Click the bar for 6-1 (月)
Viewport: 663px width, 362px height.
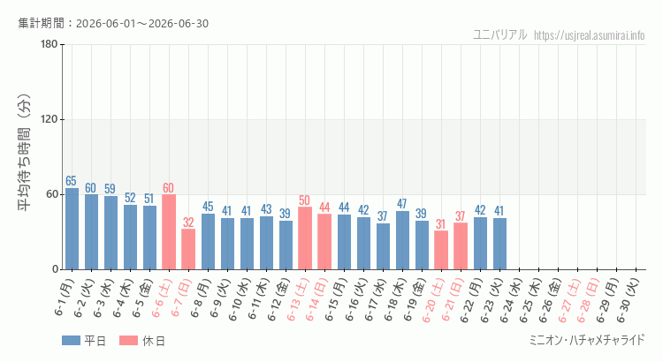[x=72, y=229]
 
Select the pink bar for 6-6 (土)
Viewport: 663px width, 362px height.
[x=169, y=232]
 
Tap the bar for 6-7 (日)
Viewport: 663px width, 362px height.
[x=188, y=249]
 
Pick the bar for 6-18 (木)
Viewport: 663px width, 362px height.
[x=402, y=240]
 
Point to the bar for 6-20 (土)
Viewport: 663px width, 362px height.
[x=441, y=250]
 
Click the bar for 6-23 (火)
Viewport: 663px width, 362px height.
[x=499, y=244]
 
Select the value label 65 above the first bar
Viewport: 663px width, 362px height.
[x=71, y=181]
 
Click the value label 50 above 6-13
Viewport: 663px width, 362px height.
[x=304, y=200]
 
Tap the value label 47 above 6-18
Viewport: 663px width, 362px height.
[x=401, y=204]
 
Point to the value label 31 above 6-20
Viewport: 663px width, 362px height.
[x=440, y=224]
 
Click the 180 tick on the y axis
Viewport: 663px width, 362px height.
[x=50, y=44]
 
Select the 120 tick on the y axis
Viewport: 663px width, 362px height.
[x=50, y=119]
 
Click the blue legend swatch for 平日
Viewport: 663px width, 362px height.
[x=71, y=341]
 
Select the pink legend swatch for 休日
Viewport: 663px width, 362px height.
[x=128, y=341]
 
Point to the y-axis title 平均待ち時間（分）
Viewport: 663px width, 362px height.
[x=25, y=153]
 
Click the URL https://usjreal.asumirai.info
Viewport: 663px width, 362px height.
[x=589, y=35]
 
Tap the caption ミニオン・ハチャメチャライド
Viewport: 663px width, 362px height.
[x=587, y=340]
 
